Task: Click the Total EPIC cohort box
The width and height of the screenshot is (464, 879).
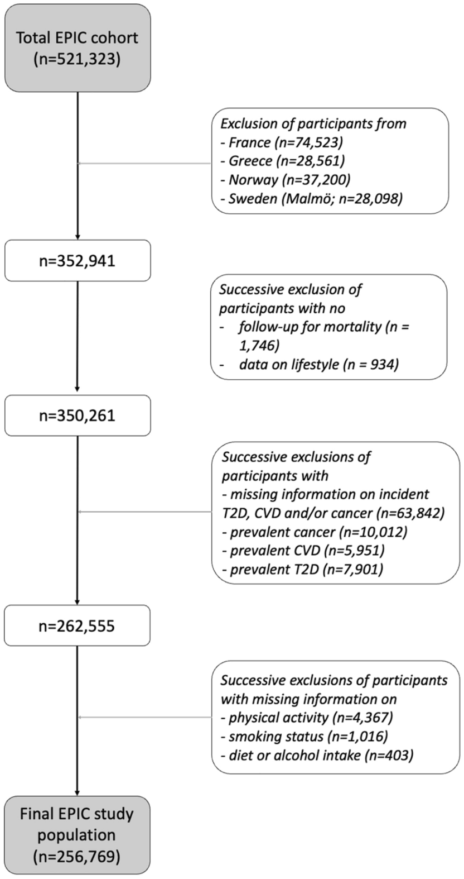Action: (x=77, y=48)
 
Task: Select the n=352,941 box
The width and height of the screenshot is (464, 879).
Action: (x=77, y=260)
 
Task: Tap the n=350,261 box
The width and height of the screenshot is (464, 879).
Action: (x=77, y=415)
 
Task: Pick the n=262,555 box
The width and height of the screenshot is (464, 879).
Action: (x=77, y=625)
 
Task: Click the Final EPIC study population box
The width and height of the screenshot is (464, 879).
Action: (x=77, y=834)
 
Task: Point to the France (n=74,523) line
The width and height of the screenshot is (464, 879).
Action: (x=283, y=142)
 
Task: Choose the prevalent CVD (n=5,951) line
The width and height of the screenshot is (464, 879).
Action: (x=303, y=550)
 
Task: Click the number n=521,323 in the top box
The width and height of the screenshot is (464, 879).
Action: (x=77, y=59)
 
